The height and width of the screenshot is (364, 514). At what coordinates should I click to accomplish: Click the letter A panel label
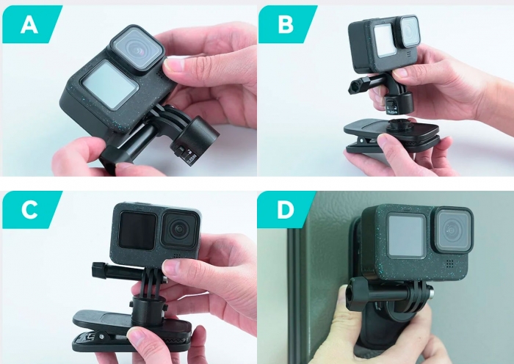coord(28,26)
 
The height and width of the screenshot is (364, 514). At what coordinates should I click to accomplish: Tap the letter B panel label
coord(286,24)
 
